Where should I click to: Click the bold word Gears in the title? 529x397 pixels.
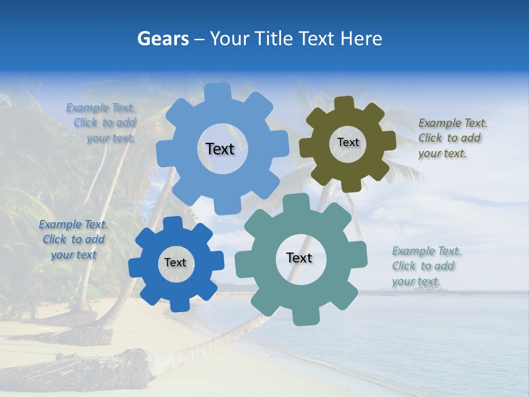(x=162, y=39)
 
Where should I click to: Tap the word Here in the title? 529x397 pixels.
(x=361, y=39)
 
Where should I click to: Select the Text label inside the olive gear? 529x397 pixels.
(x=348, y=142)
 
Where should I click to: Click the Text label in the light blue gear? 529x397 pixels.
(x=220, y=149)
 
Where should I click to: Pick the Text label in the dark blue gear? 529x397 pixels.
(x=175, y=263)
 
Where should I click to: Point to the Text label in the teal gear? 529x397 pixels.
(x=299, y=258)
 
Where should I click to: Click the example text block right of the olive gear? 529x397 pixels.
(x=452, y=138)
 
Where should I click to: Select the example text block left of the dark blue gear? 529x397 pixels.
(x=73, y=239)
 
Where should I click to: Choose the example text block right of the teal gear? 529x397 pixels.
(x=425, y=266)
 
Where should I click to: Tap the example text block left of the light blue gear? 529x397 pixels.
(x=102, y=123)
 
